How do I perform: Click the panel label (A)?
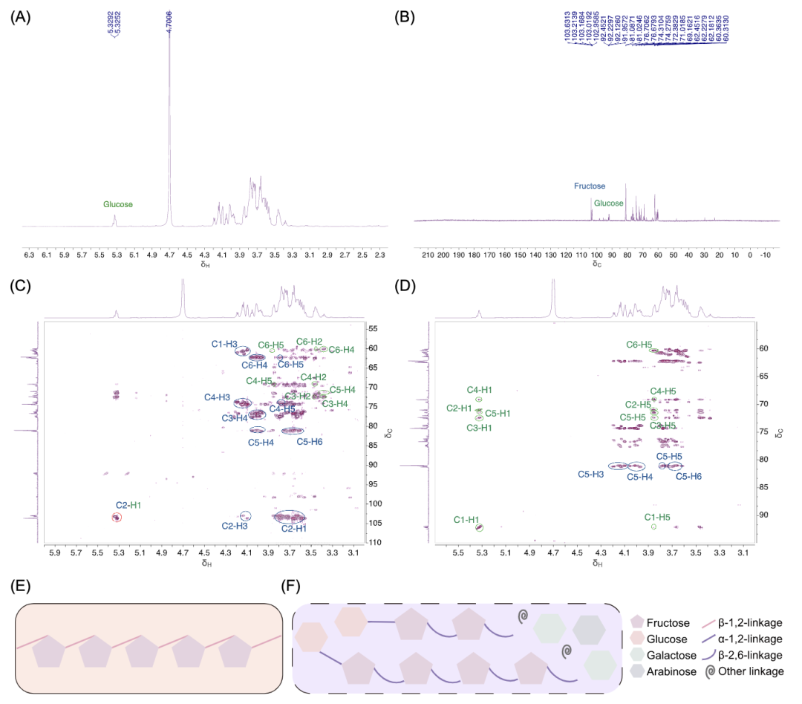click(x=19, y=14)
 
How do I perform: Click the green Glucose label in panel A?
click(x=118, y=204)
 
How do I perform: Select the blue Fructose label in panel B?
click(x=589, y=186)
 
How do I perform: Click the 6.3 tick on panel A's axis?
click(x=29, y=255)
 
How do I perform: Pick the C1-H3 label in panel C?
click(x=224, y=344)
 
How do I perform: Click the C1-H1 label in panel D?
click(x=465, y=520)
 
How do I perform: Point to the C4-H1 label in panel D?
click(x=480, y=390)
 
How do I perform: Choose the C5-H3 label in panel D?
click(x=591, y=474)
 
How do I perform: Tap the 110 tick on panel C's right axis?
click(x=374, y=543)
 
